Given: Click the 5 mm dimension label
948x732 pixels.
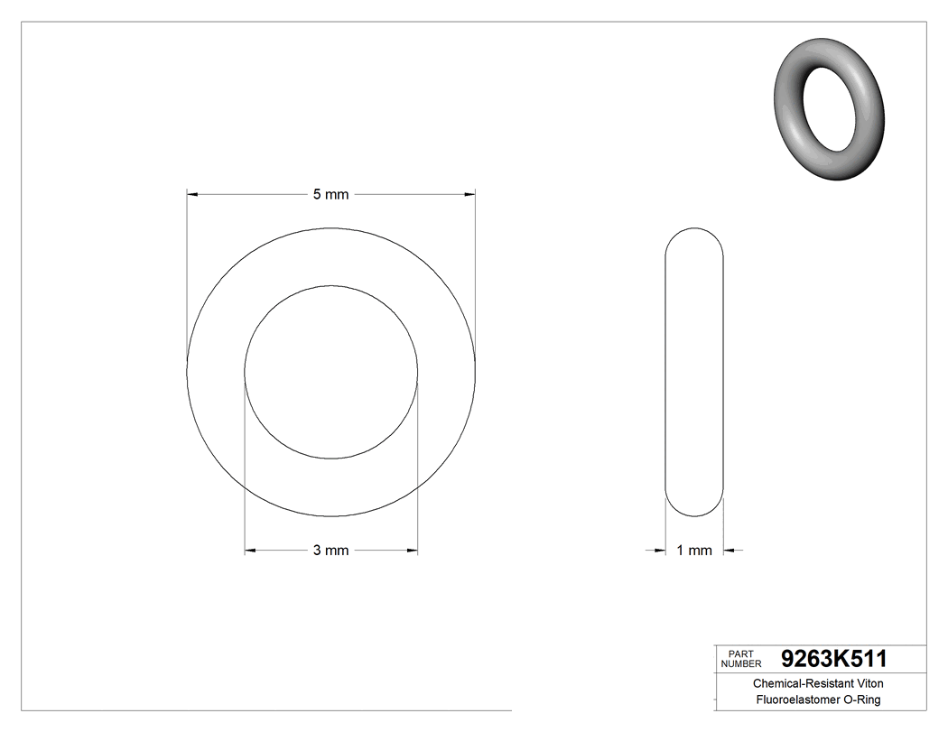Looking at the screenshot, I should [330, 194].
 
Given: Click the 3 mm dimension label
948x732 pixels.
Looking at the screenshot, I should [330, 551].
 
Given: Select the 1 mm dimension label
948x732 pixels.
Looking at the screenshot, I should [694, 551].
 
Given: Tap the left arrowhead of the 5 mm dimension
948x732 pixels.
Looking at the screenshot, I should [192, 194].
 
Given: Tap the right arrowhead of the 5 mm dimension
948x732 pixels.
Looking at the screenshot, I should [469, 194].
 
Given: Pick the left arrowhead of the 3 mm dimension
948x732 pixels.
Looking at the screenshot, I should [251, 551].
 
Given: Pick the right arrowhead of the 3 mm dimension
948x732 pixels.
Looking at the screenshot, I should [412, 551].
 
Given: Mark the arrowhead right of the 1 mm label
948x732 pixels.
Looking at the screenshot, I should [729, 551].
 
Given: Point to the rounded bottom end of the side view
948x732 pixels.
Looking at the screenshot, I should [694, 509].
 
